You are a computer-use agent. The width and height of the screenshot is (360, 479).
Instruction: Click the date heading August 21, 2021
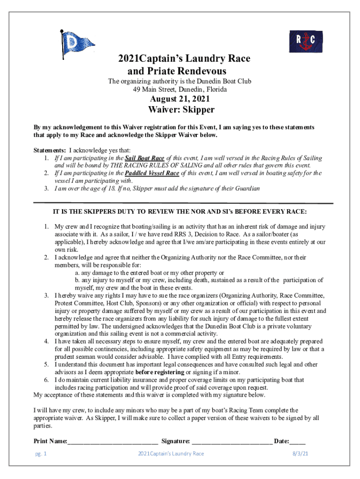tap(180, 99)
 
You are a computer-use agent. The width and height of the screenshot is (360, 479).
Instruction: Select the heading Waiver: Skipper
tap(181, 110)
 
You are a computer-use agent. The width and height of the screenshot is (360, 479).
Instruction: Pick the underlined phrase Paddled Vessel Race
tap(153, 173)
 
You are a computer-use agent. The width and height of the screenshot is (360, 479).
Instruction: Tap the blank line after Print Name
tap(112, 441)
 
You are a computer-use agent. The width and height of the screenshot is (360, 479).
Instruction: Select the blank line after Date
tap(298, 441)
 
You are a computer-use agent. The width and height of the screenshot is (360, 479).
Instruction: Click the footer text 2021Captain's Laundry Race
tap(171, 453)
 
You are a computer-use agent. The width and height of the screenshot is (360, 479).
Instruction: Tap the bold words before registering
tap(160, 372)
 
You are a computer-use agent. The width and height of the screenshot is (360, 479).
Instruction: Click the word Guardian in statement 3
tap(246, 189)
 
